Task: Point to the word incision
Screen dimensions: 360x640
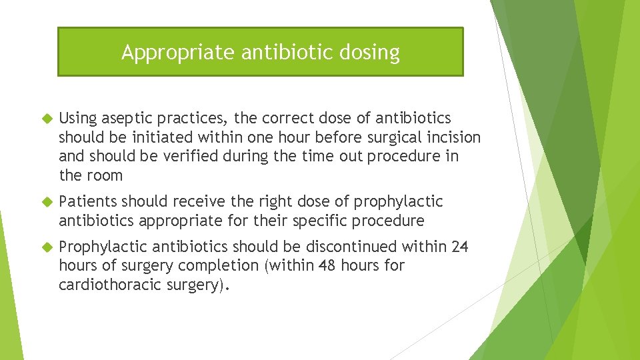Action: pyautogui.click(x=453, y=137)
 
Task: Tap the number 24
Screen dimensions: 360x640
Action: pyautogui.click(x=460, y=247)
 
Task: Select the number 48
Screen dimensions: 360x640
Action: pyautogui.click(x=327, y=266)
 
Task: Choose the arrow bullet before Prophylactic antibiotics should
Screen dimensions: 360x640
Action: pyautogui.click(x=46, y=247)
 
